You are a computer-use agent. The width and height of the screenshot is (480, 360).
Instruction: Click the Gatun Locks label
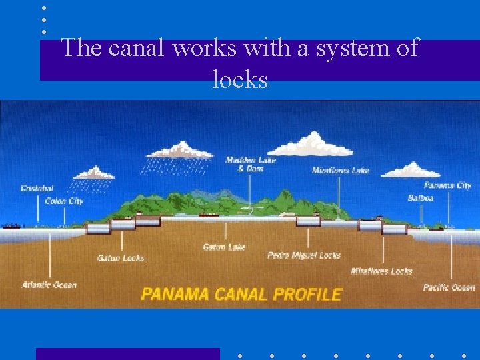[x=120, y=258]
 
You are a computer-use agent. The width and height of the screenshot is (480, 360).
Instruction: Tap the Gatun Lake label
[x=224, y=247]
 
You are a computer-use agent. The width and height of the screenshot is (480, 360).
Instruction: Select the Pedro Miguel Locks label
[x=303, y=255]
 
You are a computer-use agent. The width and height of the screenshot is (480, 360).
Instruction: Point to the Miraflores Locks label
[x=381, y=271]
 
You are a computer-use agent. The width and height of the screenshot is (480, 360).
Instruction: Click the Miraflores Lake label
[x=340, y=171]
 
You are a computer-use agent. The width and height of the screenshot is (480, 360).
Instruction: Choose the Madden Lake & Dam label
[x=250, y=164]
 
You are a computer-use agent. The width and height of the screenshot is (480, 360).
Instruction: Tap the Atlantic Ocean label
[x=49, y=285]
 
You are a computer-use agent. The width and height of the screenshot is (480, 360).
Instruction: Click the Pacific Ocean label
[x=449, y=287]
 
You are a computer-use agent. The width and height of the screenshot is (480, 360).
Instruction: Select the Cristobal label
[x=37, y=189]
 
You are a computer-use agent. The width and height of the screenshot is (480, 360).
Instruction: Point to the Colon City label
[x=64, y=201]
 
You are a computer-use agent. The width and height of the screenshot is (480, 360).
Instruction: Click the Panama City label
[x=447, y=185]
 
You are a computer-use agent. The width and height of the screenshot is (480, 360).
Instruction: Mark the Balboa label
[x=421, y=197]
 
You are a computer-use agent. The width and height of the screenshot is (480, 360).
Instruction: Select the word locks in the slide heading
[x=240, y=80]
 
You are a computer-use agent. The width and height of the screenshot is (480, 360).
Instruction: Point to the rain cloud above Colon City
[x=93, y=173]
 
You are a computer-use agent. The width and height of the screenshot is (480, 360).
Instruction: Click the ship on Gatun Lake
[x=209, y=215]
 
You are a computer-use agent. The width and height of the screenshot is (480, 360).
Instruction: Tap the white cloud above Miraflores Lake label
[x=311, y=143]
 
